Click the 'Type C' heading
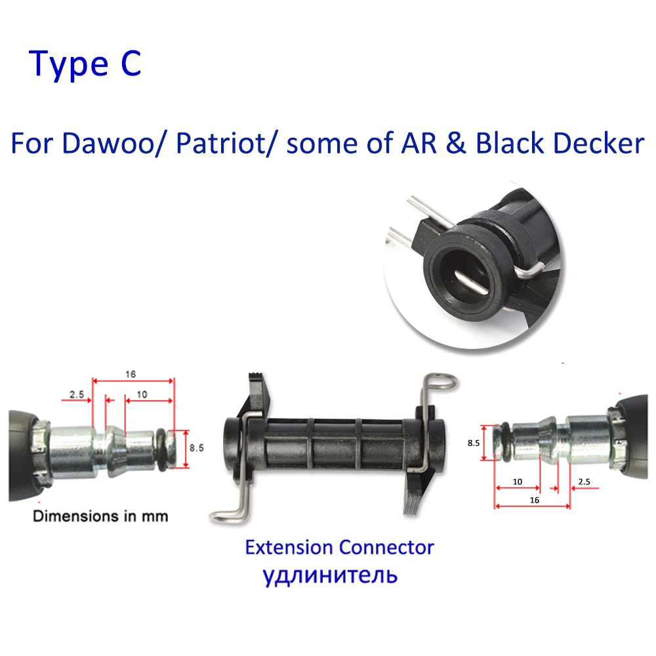[85, 64]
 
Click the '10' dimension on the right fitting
[517, 482]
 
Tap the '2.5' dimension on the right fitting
[584, 482]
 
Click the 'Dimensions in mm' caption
[100, 516]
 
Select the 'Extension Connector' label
[339, 546]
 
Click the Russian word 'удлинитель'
[330, 575]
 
